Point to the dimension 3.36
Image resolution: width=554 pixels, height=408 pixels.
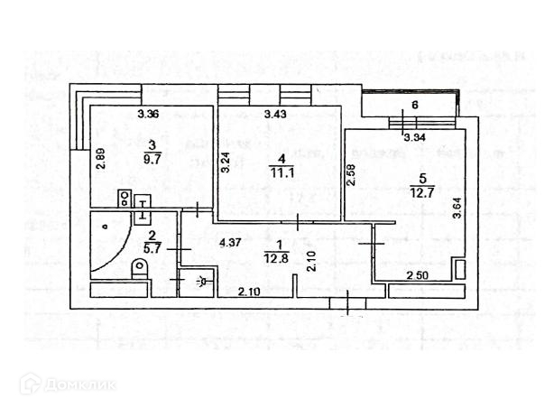point(148,114)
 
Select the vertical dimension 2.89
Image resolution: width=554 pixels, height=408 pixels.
point(101,158)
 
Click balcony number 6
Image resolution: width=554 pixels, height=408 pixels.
point(415,106)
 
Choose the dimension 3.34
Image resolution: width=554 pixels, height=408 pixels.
point(414,138)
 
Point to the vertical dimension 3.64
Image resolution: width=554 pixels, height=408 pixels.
point(457,206)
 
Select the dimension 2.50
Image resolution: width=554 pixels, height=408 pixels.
point(417,275)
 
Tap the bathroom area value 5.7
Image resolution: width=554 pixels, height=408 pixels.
point(152,246)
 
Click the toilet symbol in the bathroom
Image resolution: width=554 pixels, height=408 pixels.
point(139,267)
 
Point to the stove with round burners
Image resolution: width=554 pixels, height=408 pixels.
point(125,199)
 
